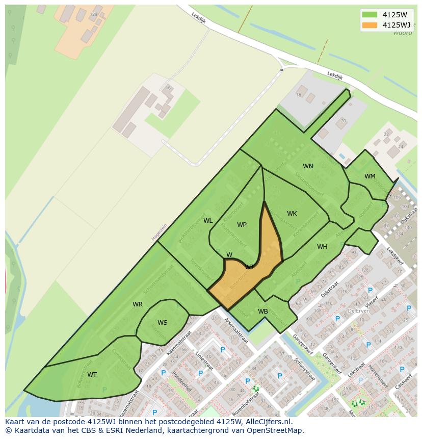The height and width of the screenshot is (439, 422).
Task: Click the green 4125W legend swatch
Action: (x=370, y=15)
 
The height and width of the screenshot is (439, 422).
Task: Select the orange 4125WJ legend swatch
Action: (x=370, y=25)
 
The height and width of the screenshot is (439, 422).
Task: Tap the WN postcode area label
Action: (x=308, y=166)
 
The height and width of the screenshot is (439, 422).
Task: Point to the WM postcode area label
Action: (x=370, y=176)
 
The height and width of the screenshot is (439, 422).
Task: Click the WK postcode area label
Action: (x=292, y=214)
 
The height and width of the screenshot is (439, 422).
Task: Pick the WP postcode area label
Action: (x=242, y=225)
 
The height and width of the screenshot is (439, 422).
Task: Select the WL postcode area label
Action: (x=208, y=221)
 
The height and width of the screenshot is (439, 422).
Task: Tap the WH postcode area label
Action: (x=322, y=247)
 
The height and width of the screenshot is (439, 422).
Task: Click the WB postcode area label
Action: (x=263, y=312)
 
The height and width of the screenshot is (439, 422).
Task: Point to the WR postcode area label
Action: (x=138, y=304)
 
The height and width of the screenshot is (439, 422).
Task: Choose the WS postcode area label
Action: (x=162, y=323)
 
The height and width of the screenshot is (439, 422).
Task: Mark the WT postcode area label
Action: (x=92, y=375)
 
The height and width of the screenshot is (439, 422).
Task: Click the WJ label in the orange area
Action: (x=249, y=267)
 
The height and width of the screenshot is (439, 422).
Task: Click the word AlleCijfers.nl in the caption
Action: (x=267, y=422)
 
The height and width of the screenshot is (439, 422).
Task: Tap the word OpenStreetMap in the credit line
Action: (x=274, y=430)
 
